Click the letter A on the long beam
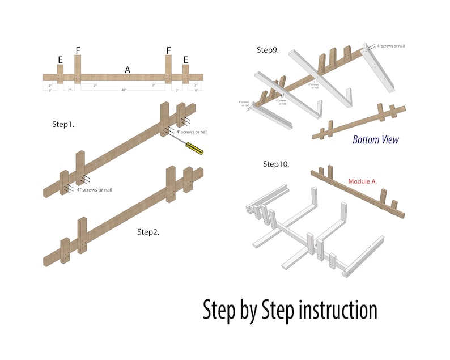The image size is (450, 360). [x=128, y=69]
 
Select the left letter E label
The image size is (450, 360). [x=60, y=58]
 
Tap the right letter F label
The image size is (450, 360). [x=168, y=51]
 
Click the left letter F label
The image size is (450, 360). [x=78, y=51]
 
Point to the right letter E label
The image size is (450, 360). [x=185, y=58]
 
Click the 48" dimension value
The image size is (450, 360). [x=124, y=90]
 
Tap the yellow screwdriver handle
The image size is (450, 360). [x=196, y=149]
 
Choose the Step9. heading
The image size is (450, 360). [x=268, y=50]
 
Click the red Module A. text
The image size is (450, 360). [x=362, y=181]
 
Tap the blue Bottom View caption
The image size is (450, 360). [x=376, y=140]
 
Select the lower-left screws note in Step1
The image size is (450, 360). [x=94, y=189]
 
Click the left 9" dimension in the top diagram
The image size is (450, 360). [x=50, y=90]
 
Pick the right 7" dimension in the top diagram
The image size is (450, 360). [x=177, y=90]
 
